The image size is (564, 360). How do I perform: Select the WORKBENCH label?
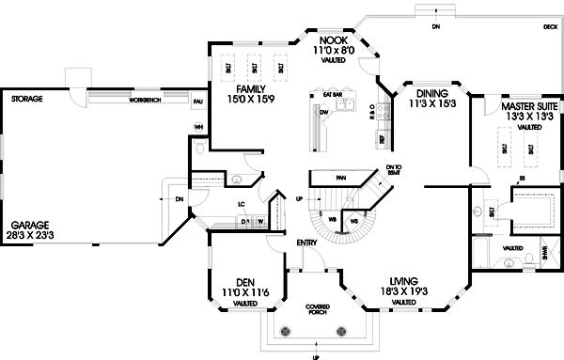point(148,99)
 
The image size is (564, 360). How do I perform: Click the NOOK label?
point(333,40)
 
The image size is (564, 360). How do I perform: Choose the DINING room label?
point(431,94)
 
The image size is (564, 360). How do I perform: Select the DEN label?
point(244,281)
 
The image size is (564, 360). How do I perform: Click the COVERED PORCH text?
point(317,310)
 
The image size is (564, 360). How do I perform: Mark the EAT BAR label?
point(332,95)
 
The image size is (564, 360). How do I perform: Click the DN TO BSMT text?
point(394,170)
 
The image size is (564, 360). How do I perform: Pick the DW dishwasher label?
point(323,112)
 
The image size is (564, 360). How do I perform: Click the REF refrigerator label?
point(382,139)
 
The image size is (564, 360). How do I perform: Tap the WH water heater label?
point(198,127)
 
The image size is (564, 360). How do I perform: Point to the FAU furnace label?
point(198,101)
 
